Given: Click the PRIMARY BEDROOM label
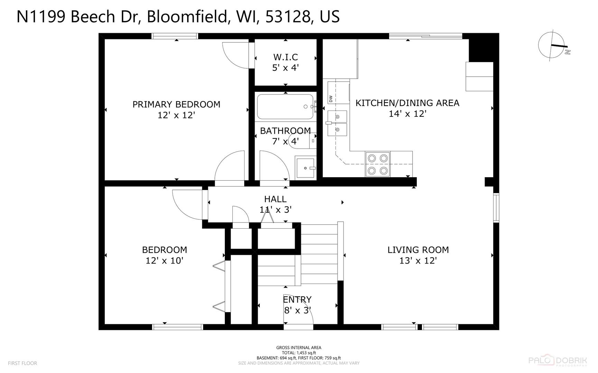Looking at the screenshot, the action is [176, 104].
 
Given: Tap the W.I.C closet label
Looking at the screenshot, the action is [285, 57].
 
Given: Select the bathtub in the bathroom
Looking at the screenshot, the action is [286, 107].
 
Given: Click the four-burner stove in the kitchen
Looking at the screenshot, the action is [378, 164].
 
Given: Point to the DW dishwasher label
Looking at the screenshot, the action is [331, 99].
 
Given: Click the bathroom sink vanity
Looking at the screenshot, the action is [305, 168].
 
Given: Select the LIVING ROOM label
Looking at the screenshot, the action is [418, 250].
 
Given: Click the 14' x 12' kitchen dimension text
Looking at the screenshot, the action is [407, 114].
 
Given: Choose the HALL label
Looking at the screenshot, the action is [275, 199].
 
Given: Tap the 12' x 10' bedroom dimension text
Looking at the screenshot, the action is [164, 260].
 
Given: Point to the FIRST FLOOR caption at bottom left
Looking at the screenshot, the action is [22, 363].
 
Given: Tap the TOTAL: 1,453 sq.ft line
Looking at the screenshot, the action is [298, 353].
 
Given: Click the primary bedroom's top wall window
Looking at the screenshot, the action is [175, 36].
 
